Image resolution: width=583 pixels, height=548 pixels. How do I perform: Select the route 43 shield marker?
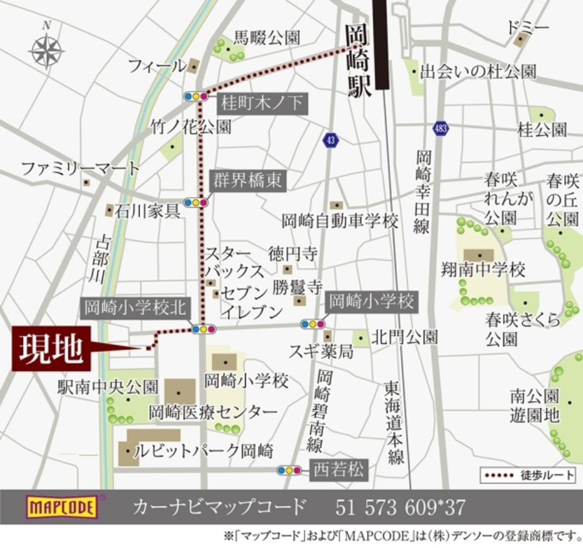coord(331,139)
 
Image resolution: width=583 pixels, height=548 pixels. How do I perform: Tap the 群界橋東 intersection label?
coord(247,180)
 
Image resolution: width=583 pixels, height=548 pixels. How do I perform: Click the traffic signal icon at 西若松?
coord(289,470)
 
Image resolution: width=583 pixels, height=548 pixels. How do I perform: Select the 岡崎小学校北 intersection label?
coord(134,308)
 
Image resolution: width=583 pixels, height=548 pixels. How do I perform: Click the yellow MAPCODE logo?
coord(62,507)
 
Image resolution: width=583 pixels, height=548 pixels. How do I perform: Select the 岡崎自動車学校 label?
coord(340,222)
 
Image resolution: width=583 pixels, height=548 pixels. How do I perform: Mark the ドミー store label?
coord(528,27)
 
